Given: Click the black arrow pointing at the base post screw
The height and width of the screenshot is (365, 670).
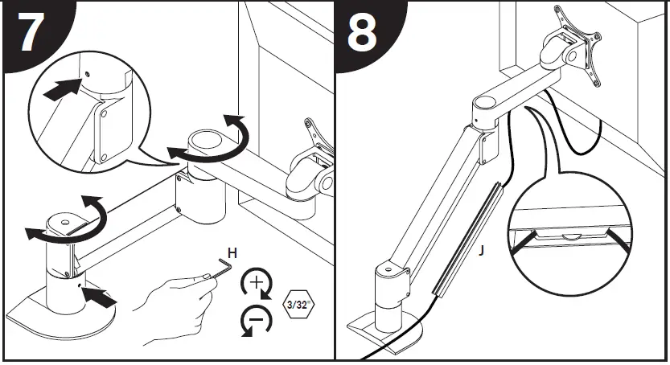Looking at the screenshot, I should pos(101,299).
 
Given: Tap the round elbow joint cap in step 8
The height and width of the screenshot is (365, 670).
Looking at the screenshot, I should pos(488,104).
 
